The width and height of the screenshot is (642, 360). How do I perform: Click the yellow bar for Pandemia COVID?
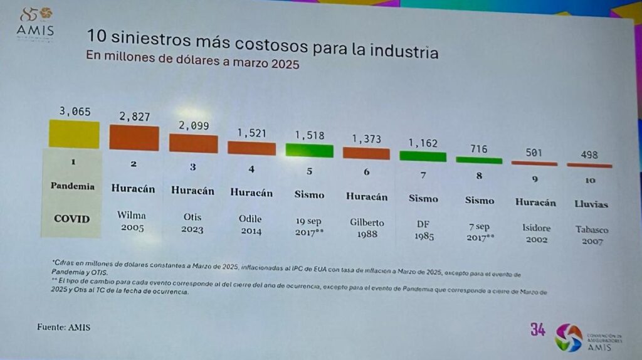click(74, 134)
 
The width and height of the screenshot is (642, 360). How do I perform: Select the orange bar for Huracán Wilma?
click(134, 137)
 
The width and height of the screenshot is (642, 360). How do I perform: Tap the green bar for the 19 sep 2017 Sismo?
click(310, 149)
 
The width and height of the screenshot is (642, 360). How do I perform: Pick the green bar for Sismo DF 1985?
click(423, 156)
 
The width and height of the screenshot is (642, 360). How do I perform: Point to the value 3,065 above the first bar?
click(75, 112)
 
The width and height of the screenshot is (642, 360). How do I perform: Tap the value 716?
click(478, 149)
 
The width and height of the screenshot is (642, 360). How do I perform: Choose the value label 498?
click(589, 154)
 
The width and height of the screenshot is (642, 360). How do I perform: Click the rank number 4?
click(251, 169)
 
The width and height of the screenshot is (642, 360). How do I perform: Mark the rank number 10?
click(590, 180)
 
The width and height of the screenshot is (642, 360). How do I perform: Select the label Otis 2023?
click(192, 222)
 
